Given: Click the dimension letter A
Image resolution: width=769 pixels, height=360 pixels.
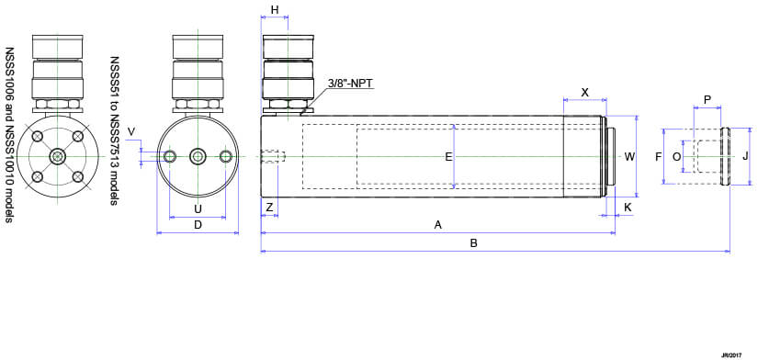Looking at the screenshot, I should pos(438,225).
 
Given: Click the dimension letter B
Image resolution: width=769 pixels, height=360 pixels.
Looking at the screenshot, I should pos(473,243).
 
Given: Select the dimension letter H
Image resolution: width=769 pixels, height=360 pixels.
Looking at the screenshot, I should pos(275,10).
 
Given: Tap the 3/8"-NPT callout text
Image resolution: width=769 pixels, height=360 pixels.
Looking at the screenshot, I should pos(350,84).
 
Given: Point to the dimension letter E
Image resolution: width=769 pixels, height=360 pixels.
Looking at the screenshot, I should pos(448,157).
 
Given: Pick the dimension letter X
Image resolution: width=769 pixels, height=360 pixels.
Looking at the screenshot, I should pos(584,94).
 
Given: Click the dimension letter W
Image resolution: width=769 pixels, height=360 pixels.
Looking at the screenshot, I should pos(629,157).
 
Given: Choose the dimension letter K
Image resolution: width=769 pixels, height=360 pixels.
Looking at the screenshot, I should pos(628,208).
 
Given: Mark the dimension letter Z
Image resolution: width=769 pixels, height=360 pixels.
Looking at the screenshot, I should pos(269,208).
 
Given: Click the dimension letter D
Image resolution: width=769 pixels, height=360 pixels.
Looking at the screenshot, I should pos(198,225).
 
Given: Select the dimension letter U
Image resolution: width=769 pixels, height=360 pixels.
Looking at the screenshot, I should pos(198,208).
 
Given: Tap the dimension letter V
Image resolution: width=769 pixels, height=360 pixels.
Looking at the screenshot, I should pos(131,132).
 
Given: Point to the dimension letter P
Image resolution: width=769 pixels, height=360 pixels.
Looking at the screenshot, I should pos(707,99).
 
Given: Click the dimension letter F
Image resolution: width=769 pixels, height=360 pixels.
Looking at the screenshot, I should pos(659,157).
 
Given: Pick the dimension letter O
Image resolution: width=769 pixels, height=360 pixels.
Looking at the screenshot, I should pos(676,157).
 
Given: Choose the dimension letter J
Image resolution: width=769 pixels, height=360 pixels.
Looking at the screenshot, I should pos(745,157).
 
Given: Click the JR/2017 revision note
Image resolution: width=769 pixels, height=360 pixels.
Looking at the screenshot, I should pos(731,353).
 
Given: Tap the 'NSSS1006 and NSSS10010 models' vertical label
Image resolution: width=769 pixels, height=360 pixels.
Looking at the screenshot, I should pos(10,135).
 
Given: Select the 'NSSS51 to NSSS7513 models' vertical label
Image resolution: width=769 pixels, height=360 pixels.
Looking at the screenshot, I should pos(115,129).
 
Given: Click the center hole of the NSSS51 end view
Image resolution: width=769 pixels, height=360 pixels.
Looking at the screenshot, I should pos(198,157).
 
